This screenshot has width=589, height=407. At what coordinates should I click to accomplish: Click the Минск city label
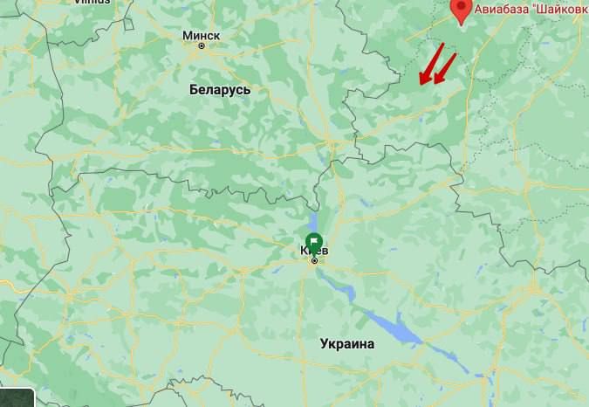point(202,36)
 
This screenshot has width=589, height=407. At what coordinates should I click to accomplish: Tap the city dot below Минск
point(202,46)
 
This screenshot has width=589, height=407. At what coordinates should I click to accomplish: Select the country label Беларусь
point(220,90)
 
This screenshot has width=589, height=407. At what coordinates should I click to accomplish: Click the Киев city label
point(314,251)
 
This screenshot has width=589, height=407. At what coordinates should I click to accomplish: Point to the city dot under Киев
point(314,260)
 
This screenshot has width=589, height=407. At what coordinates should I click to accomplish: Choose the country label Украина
point(346,344)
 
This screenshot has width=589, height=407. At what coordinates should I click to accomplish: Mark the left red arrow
point(431,65)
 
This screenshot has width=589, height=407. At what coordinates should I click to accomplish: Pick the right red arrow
point(445,69)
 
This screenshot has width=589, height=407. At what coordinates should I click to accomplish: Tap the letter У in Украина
point(323,344)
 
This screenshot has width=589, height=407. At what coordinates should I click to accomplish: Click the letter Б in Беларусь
point(194,90)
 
